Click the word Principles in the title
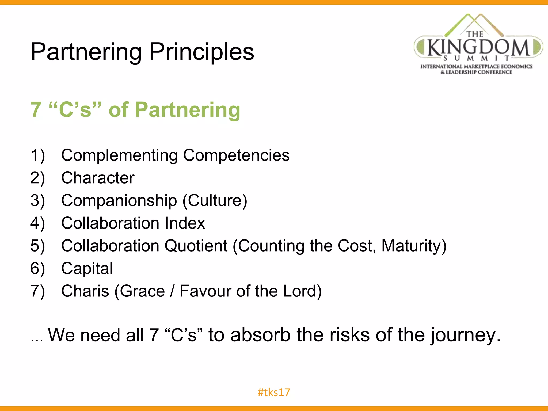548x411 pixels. (x=201, y=52)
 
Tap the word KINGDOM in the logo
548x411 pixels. (x=478, y=47)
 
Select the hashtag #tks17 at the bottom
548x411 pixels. (x=274, y=392)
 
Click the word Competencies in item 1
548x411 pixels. (x=236, y=155)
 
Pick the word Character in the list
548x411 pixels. (x=98, y=178)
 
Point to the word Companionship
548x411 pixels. (x=119, y=200)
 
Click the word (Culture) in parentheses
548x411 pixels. (x=215, y=200)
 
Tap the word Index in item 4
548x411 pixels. (x=185, y=223)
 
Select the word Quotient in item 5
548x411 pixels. (x=196, y=246)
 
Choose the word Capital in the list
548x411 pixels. (x=87, y=268)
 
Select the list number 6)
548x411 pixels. (x=37, y=268)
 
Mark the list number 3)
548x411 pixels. (x=37, y=200)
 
